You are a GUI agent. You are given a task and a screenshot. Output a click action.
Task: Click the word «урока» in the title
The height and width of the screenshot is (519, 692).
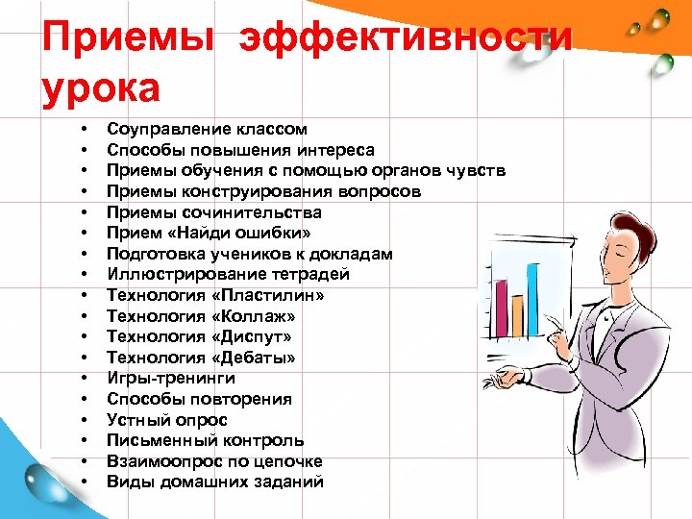(100, 88)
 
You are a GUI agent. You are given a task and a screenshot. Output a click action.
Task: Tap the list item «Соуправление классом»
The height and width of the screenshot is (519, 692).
(207, 129)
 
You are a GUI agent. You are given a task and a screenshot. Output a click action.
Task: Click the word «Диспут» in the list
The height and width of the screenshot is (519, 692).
(255, 337)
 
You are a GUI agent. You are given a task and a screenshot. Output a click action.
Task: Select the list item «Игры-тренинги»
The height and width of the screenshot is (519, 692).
(170, 379)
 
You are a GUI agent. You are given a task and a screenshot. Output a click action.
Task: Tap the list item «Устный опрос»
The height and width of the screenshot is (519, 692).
(167, 420)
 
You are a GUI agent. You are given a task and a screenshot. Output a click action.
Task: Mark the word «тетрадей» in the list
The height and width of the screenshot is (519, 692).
(316, 275)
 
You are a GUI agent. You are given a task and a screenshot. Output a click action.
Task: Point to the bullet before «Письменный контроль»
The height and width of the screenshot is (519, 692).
(86, 441)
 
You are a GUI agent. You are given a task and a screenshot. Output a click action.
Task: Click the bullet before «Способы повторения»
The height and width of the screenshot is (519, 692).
(86, 400)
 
